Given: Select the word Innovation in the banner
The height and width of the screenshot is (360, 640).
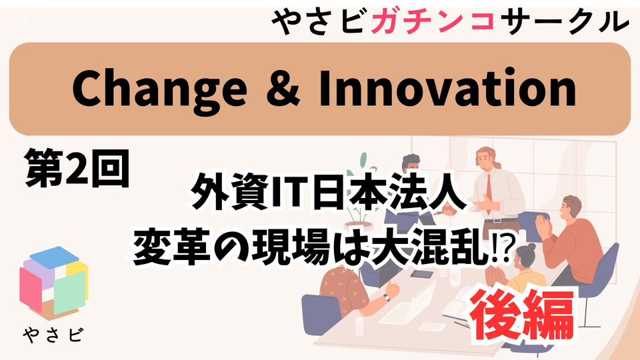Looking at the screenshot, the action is coord(447,88).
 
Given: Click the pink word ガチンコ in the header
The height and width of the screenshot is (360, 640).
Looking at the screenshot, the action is coord(433,20).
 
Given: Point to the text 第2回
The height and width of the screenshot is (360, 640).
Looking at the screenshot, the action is coord(77,168).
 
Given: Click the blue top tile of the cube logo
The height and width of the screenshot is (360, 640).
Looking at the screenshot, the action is coord(54,257).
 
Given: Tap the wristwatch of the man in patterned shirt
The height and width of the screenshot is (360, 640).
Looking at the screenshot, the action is coord(386,297).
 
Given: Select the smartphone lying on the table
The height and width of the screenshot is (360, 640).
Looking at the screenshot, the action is coord(421,274).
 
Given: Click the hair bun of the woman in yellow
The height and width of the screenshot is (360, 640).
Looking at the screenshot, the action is coord(531,247).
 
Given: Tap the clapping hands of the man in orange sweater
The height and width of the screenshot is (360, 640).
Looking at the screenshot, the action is coord(543,226).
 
